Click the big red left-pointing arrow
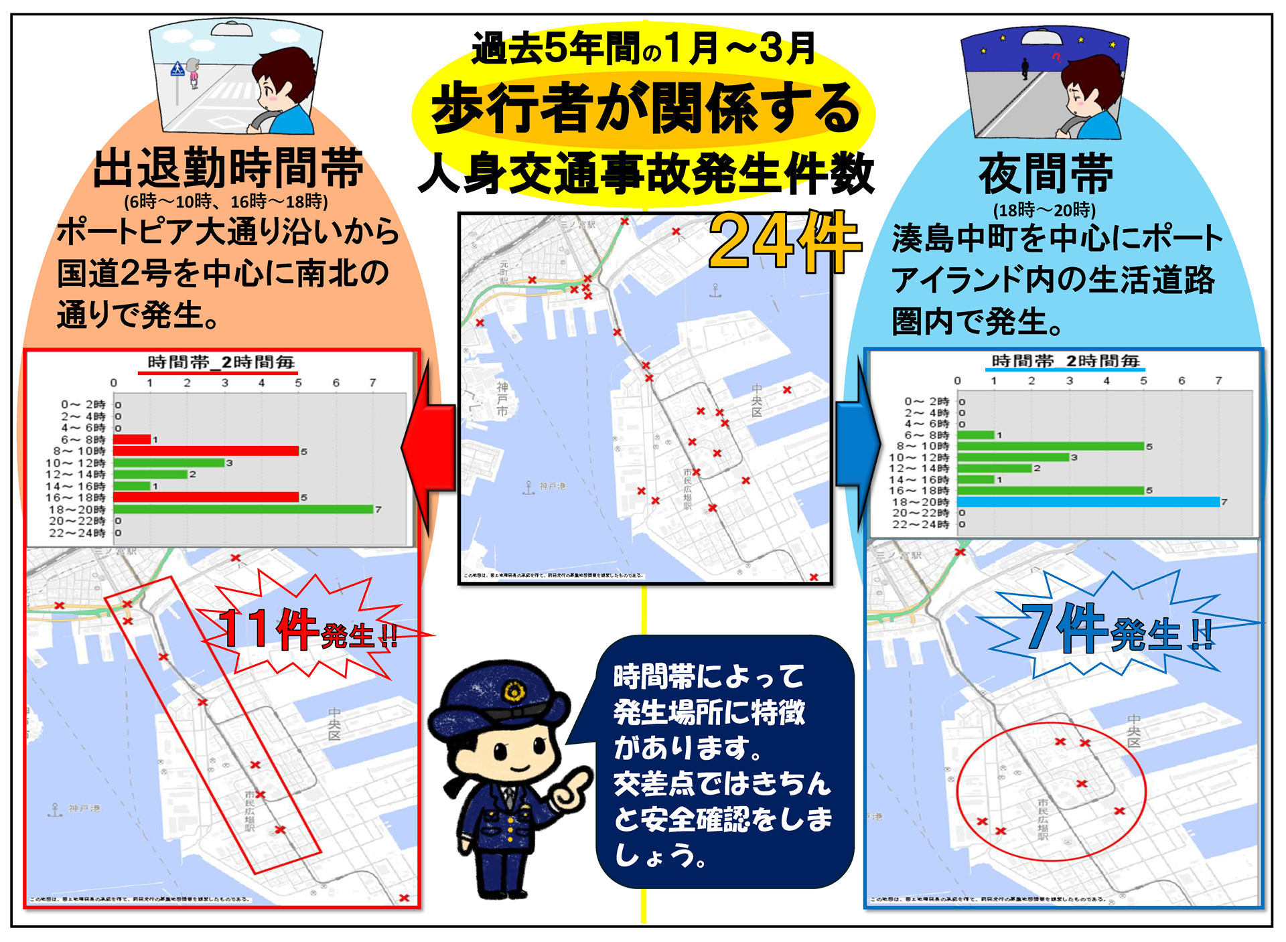point(429,448)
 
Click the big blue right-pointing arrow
point(857,441)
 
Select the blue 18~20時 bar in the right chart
point(1088,502)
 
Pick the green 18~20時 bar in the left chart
point(242,509)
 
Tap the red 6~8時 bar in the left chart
point(132,440)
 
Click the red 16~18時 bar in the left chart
point(206,497)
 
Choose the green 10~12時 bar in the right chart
point(1013,457)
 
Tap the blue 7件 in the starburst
point(1065,627)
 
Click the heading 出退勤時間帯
point(228,168)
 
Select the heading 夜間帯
point(1046,173)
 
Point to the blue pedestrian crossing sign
point(177,69)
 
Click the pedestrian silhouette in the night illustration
point(1025,68)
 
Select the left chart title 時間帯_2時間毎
point(221,362)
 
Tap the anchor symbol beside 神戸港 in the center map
point(528,487)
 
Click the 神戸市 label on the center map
point(502,399)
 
